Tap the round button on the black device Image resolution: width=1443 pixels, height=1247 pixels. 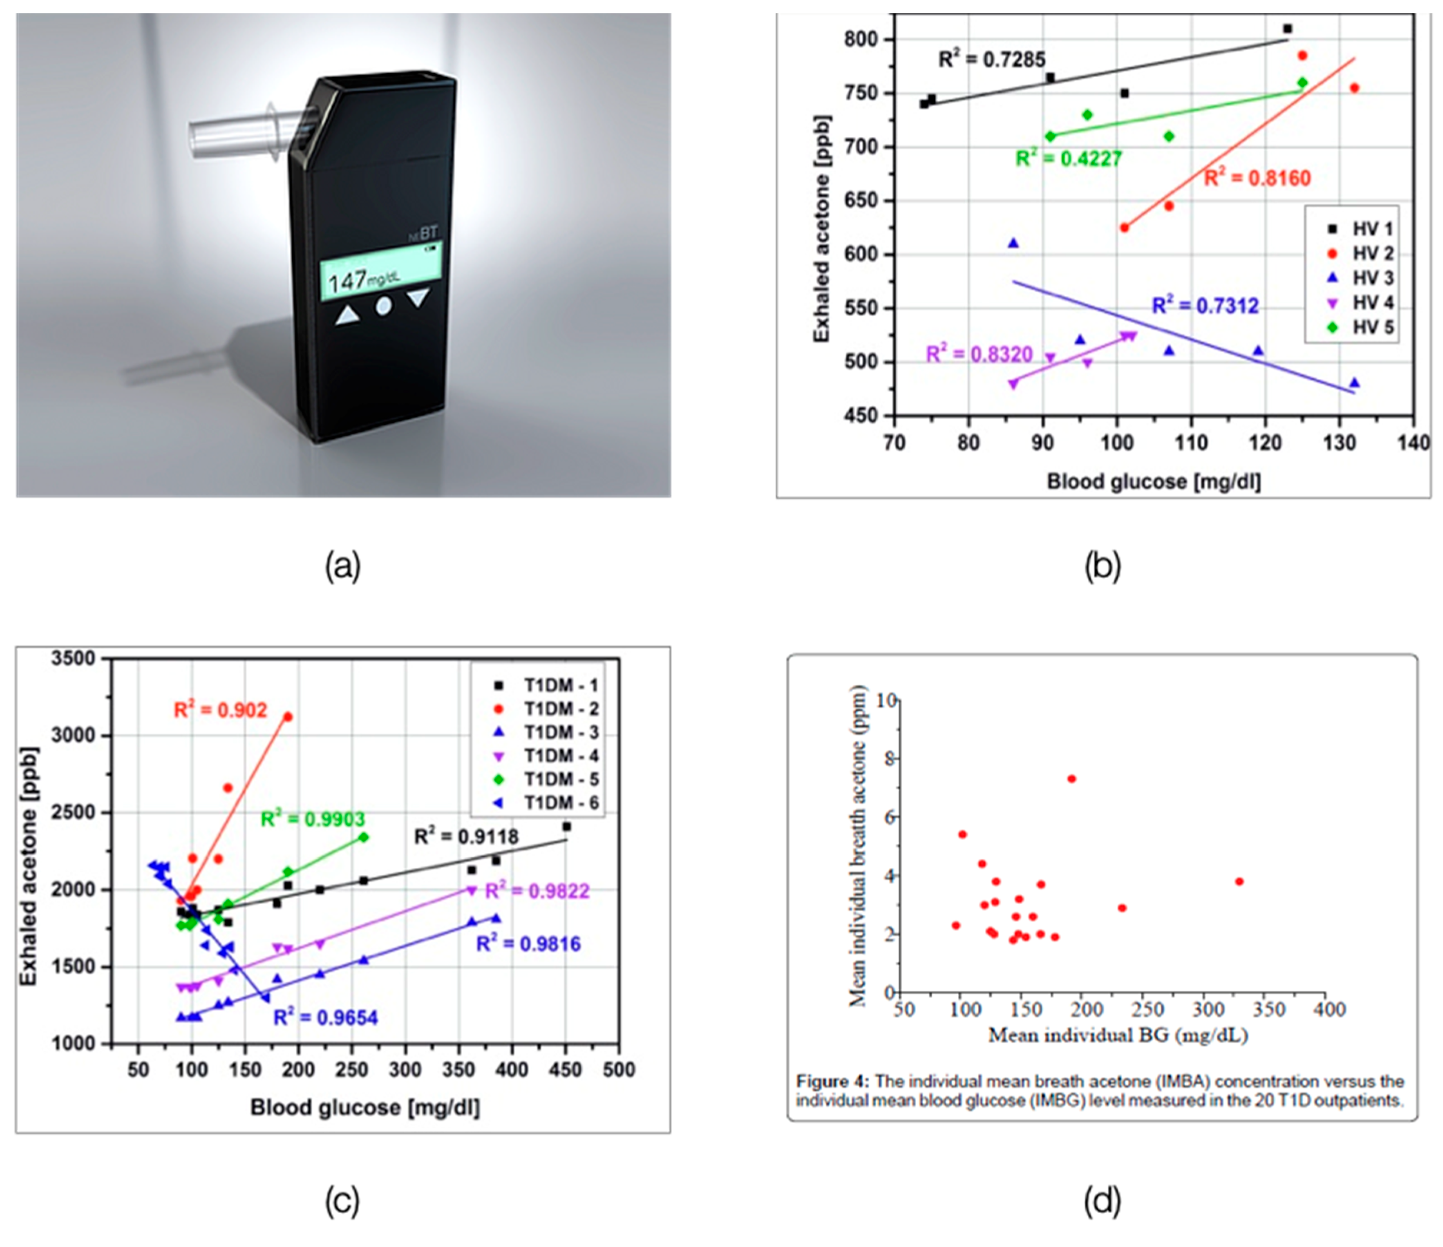tap(383, 306)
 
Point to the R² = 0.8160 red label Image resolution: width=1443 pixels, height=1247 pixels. tap(1257, 178)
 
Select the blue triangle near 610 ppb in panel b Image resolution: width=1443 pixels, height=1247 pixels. tap(1013, 243)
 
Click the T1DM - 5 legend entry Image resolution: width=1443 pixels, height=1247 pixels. tap(561, 779)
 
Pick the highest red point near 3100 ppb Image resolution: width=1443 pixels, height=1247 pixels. tap(288, 716)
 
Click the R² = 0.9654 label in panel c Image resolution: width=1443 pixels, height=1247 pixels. tap(325, 1018)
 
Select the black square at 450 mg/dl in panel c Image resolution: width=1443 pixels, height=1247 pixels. tap(566, 826)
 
